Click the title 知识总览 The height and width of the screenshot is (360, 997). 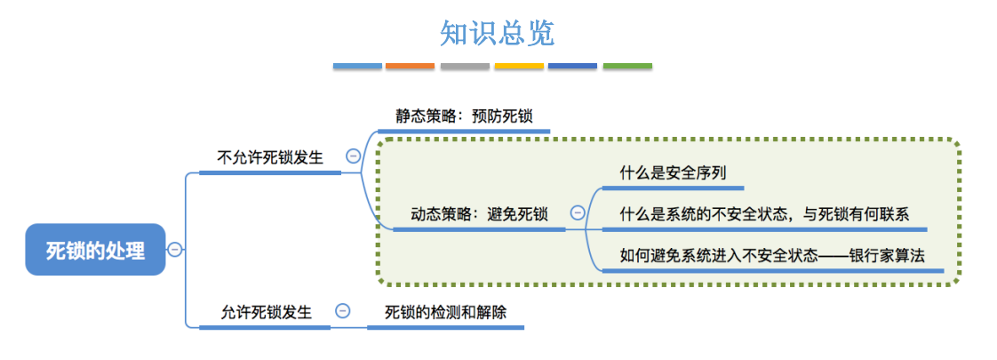[497, 33]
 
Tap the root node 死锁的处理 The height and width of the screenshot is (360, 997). [95, 250]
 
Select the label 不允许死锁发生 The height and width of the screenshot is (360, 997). [269, 157]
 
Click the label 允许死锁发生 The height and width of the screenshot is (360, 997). [267, 312]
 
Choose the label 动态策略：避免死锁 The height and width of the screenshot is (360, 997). [479, 213]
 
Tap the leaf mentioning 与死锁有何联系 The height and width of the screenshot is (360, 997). [764, 213]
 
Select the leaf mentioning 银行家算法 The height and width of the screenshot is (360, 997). [772, 255]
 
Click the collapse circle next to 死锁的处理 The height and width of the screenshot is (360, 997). [175, 250]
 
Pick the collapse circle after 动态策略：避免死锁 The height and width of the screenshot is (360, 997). [578, 213]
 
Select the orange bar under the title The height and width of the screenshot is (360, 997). [411, 67]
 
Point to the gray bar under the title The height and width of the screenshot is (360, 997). [465, 67]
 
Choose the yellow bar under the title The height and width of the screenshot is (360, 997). [519, 67]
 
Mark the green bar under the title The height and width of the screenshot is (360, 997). [627, 67]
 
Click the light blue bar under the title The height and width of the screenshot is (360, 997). [357, 67]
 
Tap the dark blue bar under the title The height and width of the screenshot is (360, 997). [573, 67]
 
